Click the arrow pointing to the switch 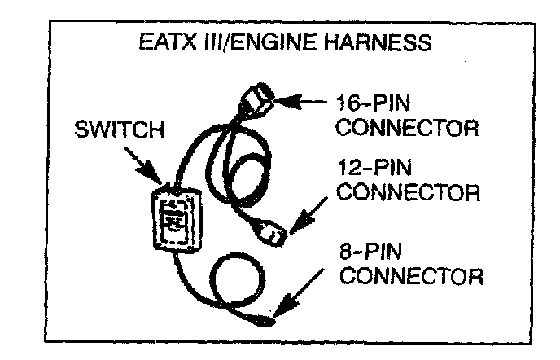[152, 169]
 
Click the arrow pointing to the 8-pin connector [305, 293]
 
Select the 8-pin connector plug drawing [267, 318]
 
